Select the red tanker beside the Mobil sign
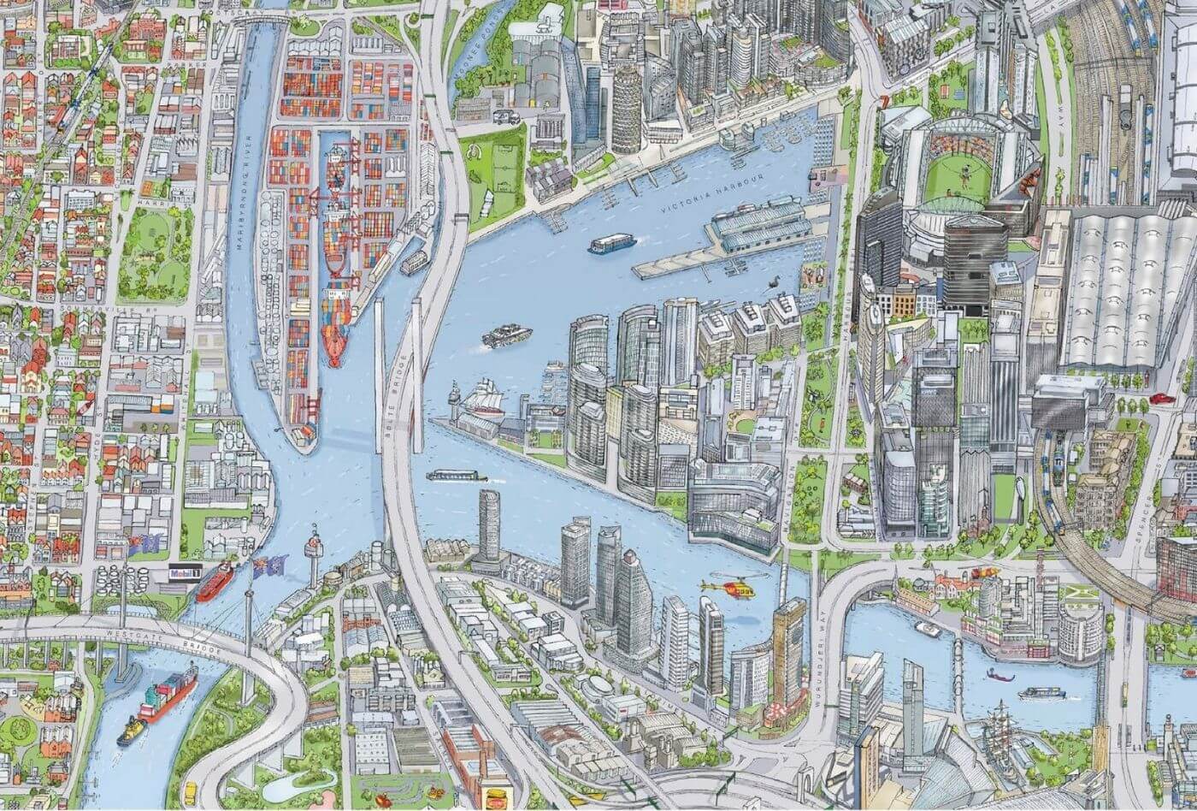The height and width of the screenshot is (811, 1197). (x=215, y=583)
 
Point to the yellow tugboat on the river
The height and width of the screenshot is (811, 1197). (x=131, y=731)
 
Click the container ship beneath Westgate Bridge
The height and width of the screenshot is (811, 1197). (x=167, y=692)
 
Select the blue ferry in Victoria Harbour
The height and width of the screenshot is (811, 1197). (x=611, y=243)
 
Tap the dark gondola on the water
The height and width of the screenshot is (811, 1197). (x=999, y=675)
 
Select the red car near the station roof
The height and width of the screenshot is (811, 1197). (x=1162, y=398)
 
